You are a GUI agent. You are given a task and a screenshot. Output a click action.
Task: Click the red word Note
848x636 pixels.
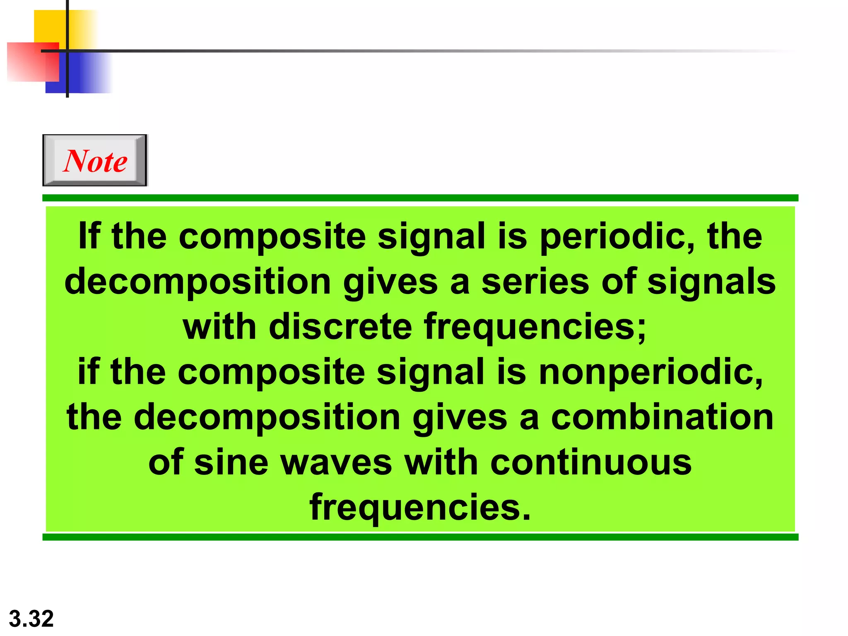(95, 161)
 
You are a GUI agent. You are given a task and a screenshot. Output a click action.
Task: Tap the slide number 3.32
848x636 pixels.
(31, 619)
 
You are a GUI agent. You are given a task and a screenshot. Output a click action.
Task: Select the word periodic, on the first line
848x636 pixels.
(617, 237)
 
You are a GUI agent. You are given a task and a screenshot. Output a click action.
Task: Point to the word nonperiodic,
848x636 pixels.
(650, 372)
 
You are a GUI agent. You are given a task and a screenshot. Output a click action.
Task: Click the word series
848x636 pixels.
(536, 282)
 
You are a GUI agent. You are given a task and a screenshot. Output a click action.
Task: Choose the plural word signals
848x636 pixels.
(711, 282)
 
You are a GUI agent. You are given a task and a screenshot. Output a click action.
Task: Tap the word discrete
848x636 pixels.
(340, 327)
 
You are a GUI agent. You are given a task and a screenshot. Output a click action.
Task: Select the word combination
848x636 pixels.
(662, 417)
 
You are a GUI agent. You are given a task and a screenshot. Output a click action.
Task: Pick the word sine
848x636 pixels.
(231, 462)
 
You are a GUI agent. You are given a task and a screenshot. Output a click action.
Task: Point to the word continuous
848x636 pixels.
(591, 462)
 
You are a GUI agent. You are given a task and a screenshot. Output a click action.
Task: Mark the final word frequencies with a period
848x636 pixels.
(420, 508)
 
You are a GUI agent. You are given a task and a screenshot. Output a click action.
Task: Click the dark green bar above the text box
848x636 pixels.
(420, 198)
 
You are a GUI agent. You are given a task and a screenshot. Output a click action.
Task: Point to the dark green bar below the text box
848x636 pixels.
(420, 537)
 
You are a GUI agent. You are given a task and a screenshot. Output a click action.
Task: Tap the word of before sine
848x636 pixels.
(166, 462)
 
